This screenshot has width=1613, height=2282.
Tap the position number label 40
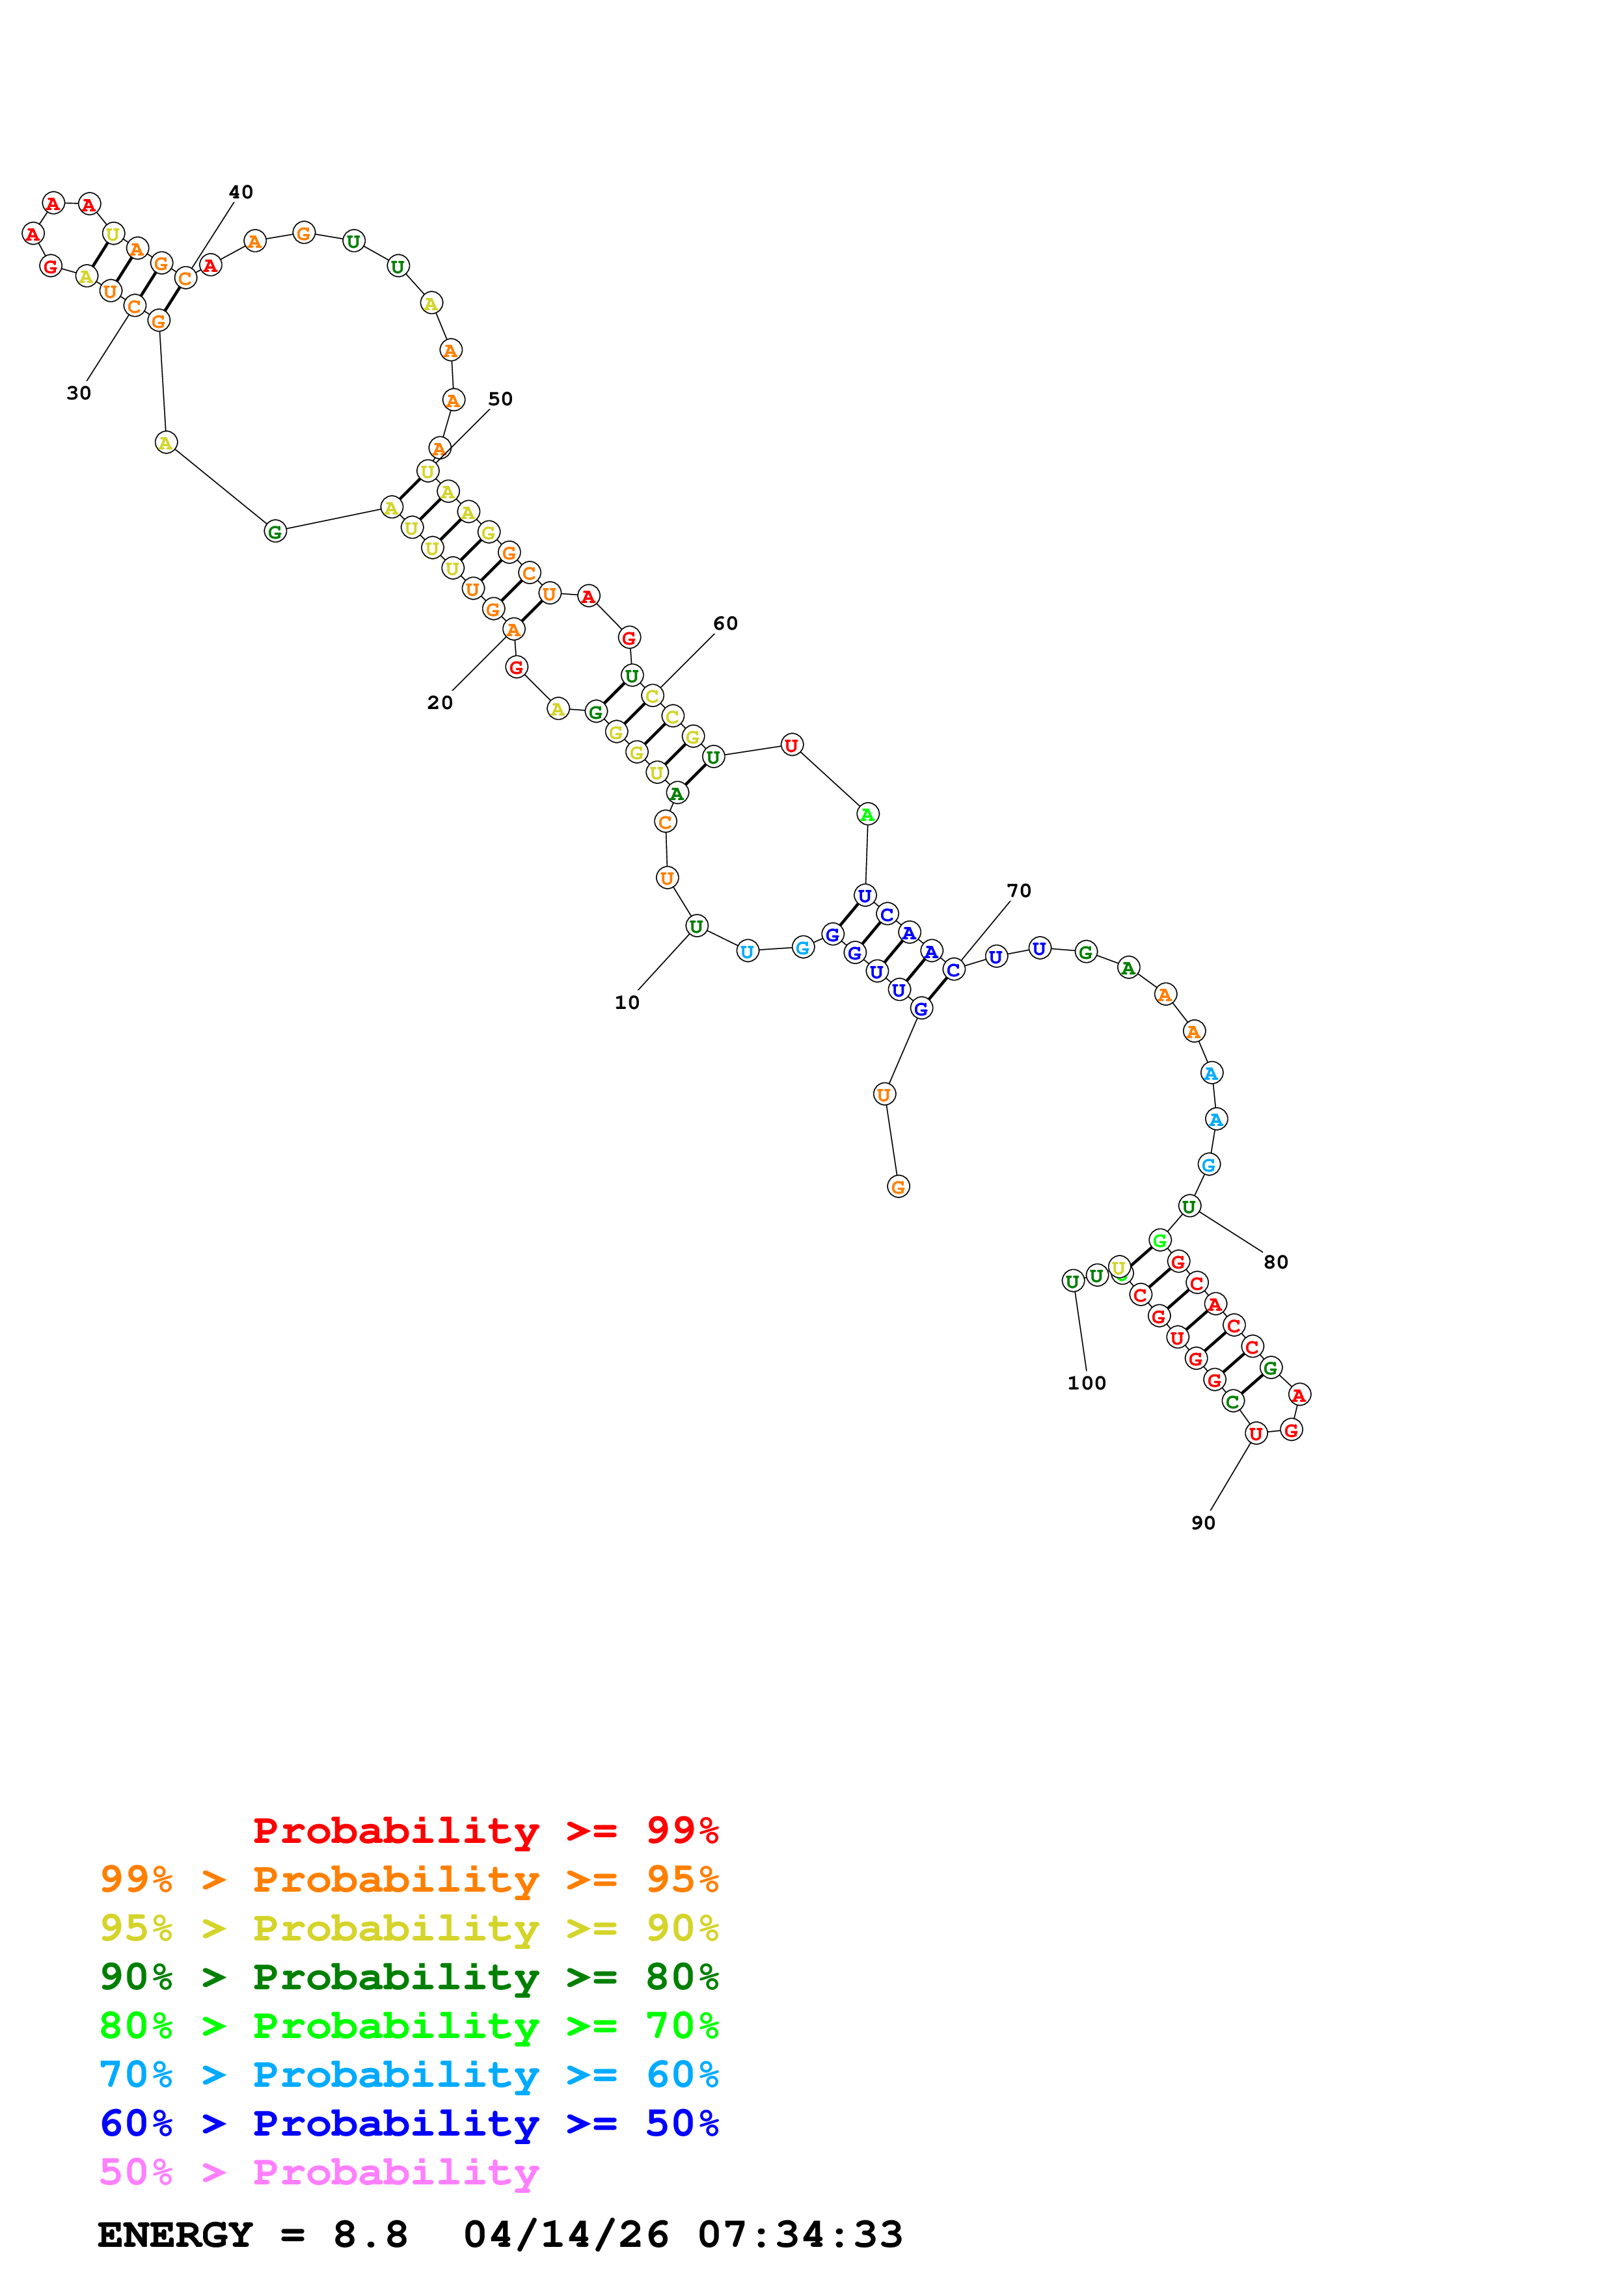pyautogui.click(x=241, y=192)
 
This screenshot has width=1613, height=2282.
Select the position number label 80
pyautogui.click(x=1275, y=1261)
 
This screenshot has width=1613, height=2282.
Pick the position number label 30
pyautogui.click(x=79, y=393)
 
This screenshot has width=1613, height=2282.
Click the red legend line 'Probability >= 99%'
pyautogui.click(x=485, y=1830)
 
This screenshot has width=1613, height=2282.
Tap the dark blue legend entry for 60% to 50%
pyautogui.click(x=409, y=2123)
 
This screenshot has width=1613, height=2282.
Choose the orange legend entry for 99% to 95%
pyautogui.click(x=409, y=1879)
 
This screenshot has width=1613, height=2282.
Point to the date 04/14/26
pyautogui.click(x=565, y=2235)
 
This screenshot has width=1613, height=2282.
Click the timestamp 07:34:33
pyautogui.click(x=800, y=2235)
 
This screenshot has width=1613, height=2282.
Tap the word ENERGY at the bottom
pyautogui.click(x=175, y=2235)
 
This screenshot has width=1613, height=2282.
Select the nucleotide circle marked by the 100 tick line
pyautogui.click(x=1072, y=1281)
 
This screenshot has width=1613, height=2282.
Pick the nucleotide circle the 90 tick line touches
pyautogui.click(x=1256, y=1433)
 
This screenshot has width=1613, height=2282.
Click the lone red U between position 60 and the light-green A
pyautogui.click(x=791, y=744)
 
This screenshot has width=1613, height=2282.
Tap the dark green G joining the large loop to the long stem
pyautogui.click(x=275, y=531)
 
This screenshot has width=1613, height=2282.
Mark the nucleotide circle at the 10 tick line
pyautogui.click(x=697, y=926)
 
